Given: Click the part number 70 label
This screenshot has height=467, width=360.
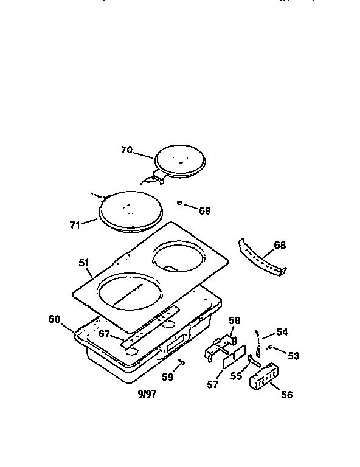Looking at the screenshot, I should click(x=126, y=149).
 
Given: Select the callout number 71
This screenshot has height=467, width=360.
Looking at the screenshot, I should click(x=74, y=224).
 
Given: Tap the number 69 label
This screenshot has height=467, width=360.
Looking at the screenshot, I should click(x=204, y=210).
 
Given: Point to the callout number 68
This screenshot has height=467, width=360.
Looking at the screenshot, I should click(x=279, y=246).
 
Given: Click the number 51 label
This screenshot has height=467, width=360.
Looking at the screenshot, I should click(x=84, y=263).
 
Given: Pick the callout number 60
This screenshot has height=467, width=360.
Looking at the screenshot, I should click(x=55, y=318).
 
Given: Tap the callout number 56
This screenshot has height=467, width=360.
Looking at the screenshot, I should click(x=286, y=395).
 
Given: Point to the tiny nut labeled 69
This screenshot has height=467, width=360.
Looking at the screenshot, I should click(x=180, y=203).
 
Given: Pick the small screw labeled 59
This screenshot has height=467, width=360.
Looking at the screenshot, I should click(x=181, y=362).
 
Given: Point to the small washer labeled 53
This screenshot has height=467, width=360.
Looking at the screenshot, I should click(x=270, y=349).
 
